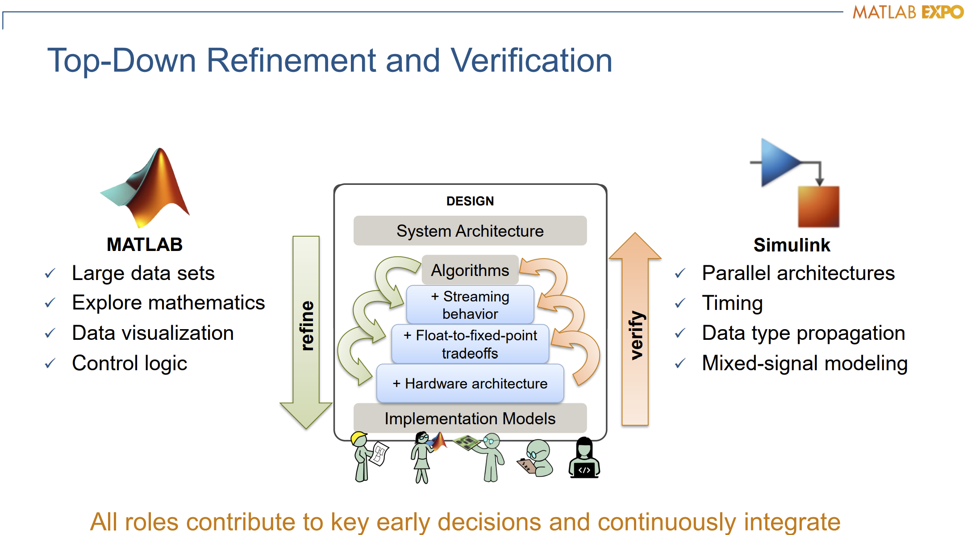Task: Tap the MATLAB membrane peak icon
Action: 147,188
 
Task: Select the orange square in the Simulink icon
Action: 818,206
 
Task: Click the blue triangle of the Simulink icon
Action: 779,162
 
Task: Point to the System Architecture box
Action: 470,231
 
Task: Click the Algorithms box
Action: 470,270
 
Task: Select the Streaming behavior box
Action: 470,305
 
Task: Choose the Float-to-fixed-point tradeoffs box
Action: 470,344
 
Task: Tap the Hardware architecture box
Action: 470,384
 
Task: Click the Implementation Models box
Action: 470,418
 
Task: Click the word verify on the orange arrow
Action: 636,335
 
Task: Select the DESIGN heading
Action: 470,201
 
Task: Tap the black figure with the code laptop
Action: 584,458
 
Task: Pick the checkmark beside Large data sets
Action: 50,273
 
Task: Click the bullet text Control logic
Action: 129,363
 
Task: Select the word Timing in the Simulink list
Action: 732,303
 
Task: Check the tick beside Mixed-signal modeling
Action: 680,364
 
